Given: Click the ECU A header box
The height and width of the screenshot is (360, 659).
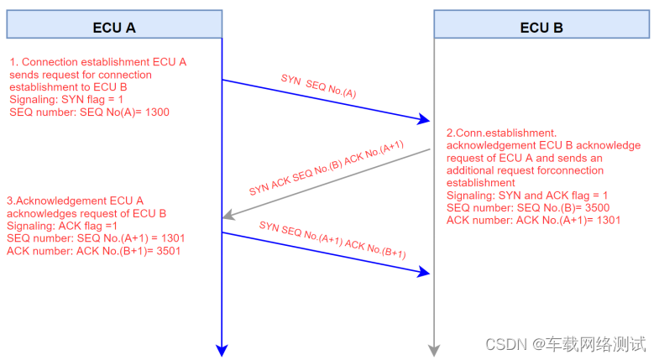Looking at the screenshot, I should (113, 24).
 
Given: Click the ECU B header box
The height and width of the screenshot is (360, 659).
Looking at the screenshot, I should (541, 24).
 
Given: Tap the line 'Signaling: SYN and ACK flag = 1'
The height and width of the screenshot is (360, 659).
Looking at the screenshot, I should (528, 195).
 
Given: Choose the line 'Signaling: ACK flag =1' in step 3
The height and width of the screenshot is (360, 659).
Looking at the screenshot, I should (63, 226).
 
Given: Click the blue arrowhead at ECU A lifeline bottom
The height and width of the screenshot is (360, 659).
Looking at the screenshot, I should (222, 349).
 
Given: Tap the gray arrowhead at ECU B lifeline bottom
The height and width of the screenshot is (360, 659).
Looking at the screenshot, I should (434, 349).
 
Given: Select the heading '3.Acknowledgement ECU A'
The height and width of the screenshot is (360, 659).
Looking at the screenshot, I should (75, 201).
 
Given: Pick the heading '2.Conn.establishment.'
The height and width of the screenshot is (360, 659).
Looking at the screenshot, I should (501, 133).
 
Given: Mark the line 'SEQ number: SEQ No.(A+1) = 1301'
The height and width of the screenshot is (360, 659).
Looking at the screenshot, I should (95, 238).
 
